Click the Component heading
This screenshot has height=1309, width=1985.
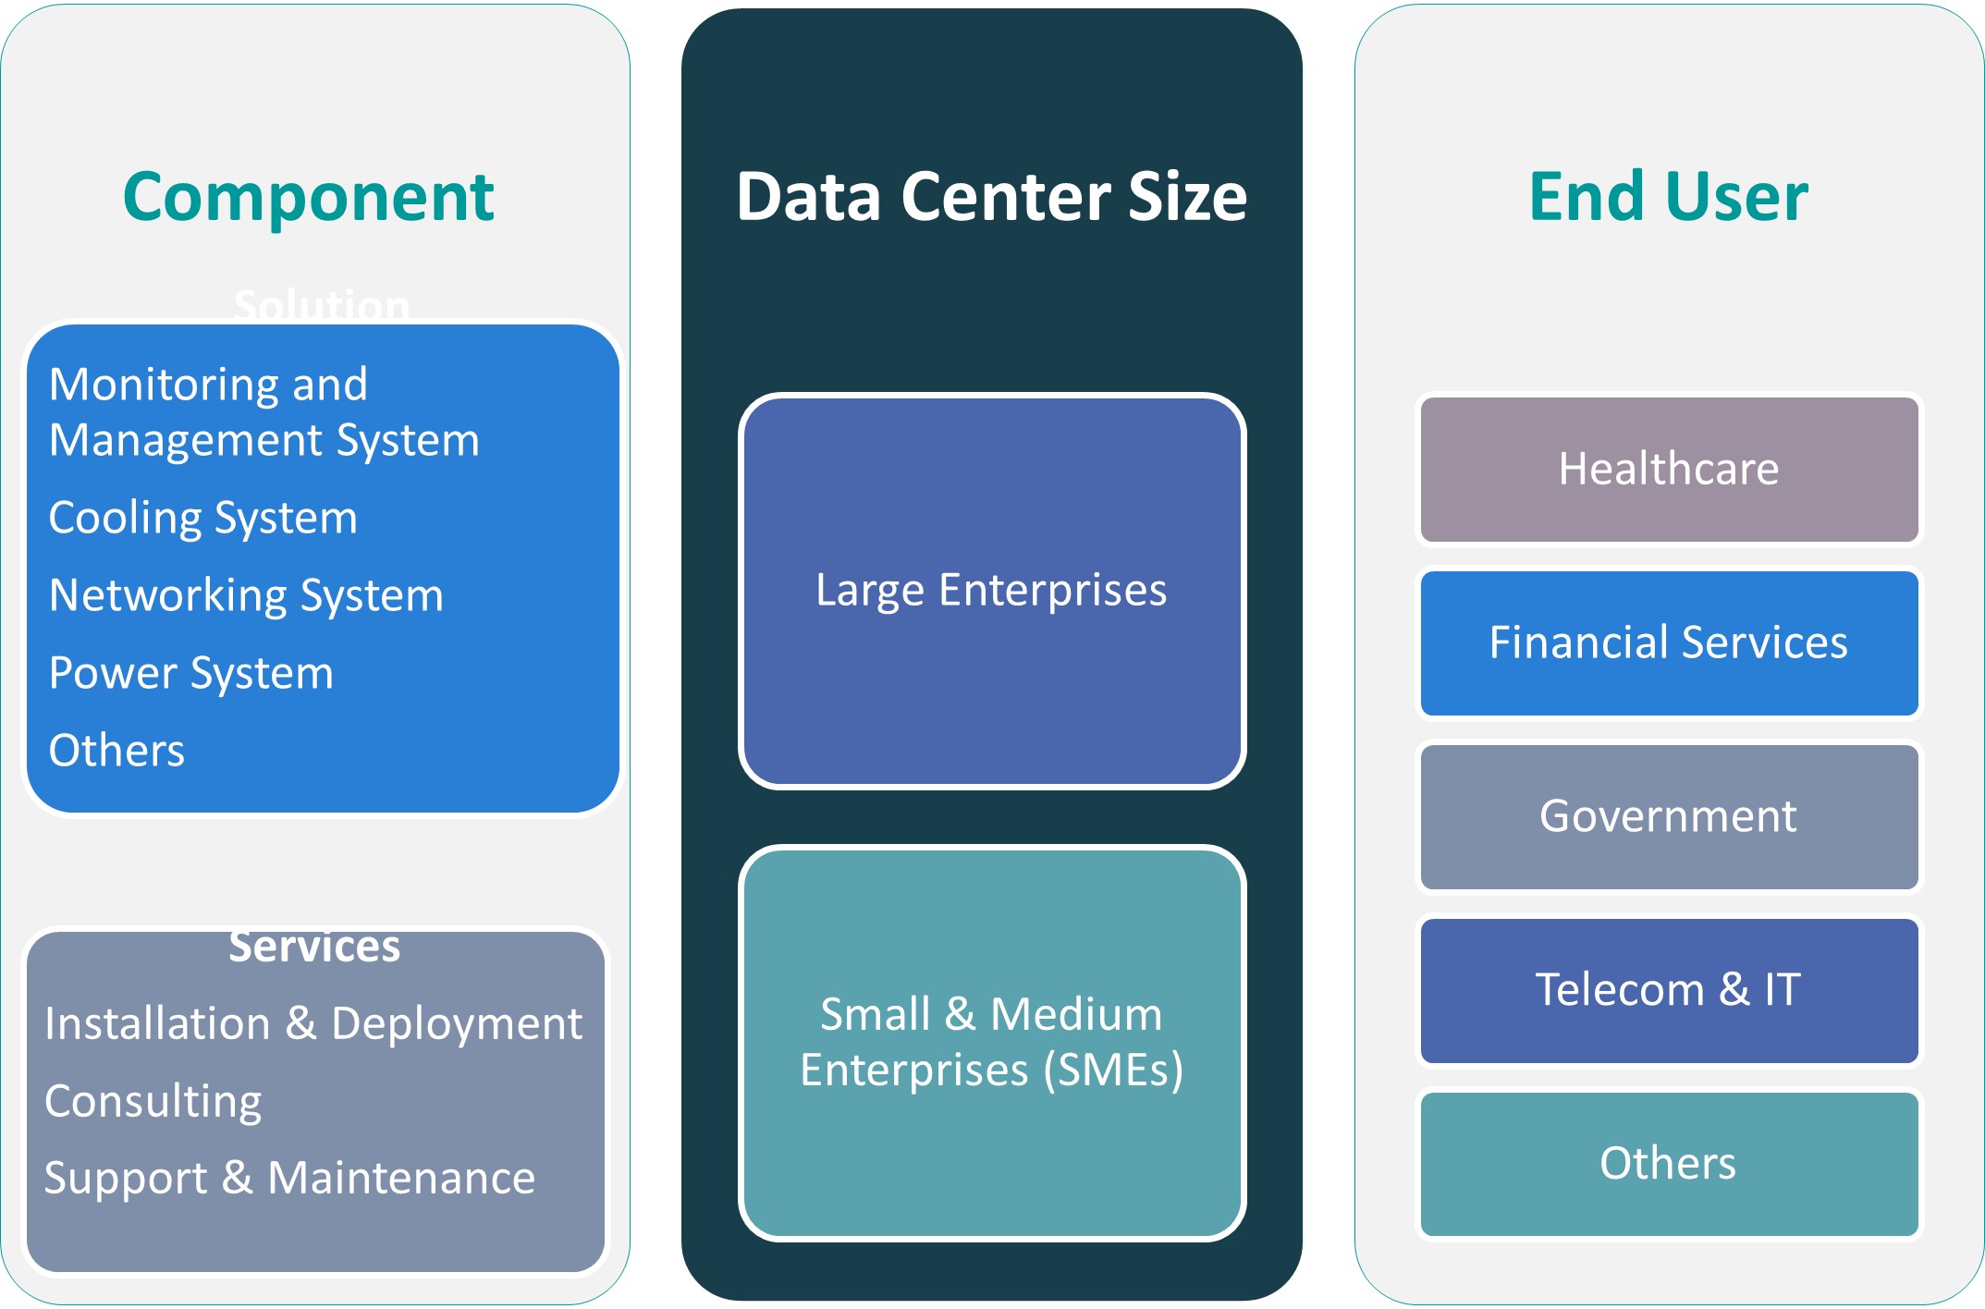[x=309, y=197]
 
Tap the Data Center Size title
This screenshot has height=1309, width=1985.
[x=991, y=197]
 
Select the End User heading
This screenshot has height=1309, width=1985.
[x=1668, y=197]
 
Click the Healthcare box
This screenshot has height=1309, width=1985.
[x=1668, y=469]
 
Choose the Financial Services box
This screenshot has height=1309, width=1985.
[x=1668, y=642]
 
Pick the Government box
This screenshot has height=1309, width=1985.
[x=1668, y=816]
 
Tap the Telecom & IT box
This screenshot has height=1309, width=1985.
[x=1668, y=989]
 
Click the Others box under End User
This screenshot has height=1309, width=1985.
[x=1668, y=1163]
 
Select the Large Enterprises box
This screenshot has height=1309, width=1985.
[x=991, y=591]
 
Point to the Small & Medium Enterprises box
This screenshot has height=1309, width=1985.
[x=991, y=1042]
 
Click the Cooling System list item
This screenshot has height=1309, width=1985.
[x=202, y=518]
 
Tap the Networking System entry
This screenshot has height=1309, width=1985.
[x=246, y=595]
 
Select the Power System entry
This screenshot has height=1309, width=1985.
[x=190, y=673]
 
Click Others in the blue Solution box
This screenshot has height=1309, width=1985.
[x=116, y=751]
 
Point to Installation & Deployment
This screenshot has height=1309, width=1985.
[x=313, y=1023]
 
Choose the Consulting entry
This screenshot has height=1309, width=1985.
[x=153, y=1101]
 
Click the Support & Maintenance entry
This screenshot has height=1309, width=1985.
[x=289, y=1178]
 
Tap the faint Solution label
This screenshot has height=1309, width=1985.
[x=321, y=304]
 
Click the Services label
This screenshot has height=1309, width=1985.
[x=314, y=947]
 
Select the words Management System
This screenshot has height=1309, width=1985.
[x=264, y=440]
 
